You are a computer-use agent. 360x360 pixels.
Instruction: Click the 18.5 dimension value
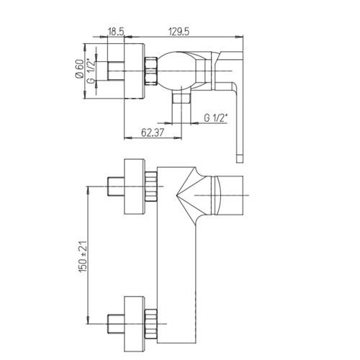116,32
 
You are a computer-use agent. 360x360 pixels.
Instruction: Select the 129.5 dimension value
179,32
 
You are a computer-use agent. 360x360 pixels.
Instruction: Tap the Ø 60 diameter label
79,68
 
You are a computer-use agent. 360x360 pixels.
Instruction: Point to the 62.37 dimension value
152,132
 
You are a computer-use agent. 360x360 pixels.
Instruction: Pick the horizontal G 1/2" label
215,118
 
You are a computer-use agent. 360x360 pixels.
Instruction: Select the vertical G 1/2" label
91,71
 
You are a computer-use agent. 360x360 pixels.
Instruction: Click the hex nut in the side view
151,71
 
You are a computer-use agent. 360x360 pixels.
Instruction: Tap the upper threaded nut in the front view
151,186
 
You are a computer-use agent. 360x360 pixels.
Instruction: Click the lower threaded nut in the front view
151,324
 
